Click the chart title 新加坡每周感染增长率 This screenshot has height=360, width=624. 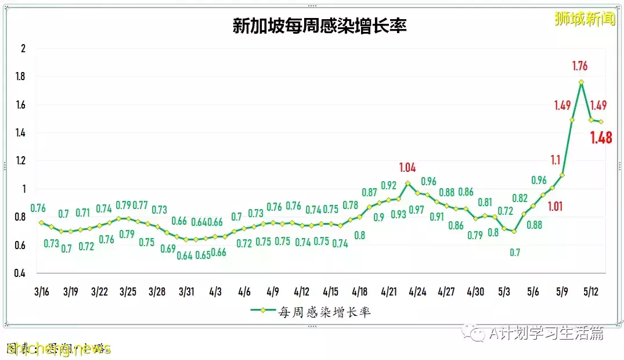pos(319,26)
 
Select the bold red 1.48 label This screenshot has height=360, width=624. pos(601,138)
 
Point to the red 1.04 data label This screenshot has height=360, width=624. pos(407,168)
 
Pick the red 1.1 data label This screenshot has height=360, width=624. pos(555,160)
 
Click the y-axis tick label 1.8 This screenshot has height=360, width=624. pos(21,77)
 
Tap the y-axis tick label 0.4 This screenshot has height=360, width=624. pos(21,273)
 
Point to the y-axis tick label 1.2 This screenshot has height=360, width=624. pos(21,161)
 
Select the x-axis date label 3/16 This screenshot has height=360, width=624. pos(41,291)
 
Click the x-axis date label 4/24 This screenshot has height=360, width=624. pos(417,291)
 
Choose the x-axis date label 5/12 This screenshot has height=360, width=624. pos(590,291)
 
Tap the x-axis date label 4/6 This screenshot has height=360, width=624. pos(244,291)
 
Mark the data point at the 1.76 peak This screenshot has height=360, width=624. pos(581,82)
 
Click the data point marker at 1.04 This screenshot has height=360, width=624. pos(407,183)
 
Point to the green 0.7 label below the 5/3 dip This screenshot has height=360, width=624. pos(515,253)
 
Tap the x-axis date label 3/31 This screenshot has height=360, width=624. pos(186,291)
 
